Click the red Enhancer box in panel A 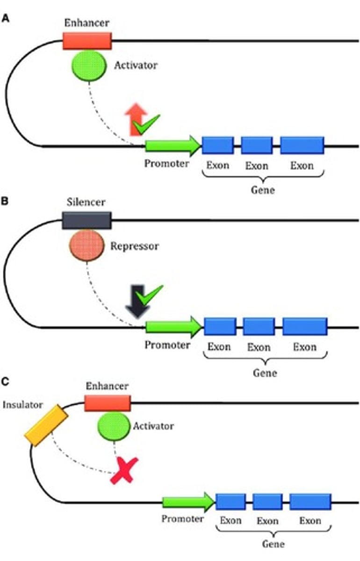tap(87, 41)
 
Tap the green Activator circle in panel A tap(89, 66)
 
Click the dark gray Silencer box tap(86, 220)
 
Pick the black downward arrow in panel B tap(137, 304)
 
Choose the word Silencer tap(86, 202)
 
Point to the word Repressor tap(135, 246)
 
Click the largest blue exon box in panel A tap(302, 145)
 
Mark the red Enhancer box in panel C tap(107, 403)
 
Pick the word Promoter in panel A tap(166, 164)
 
